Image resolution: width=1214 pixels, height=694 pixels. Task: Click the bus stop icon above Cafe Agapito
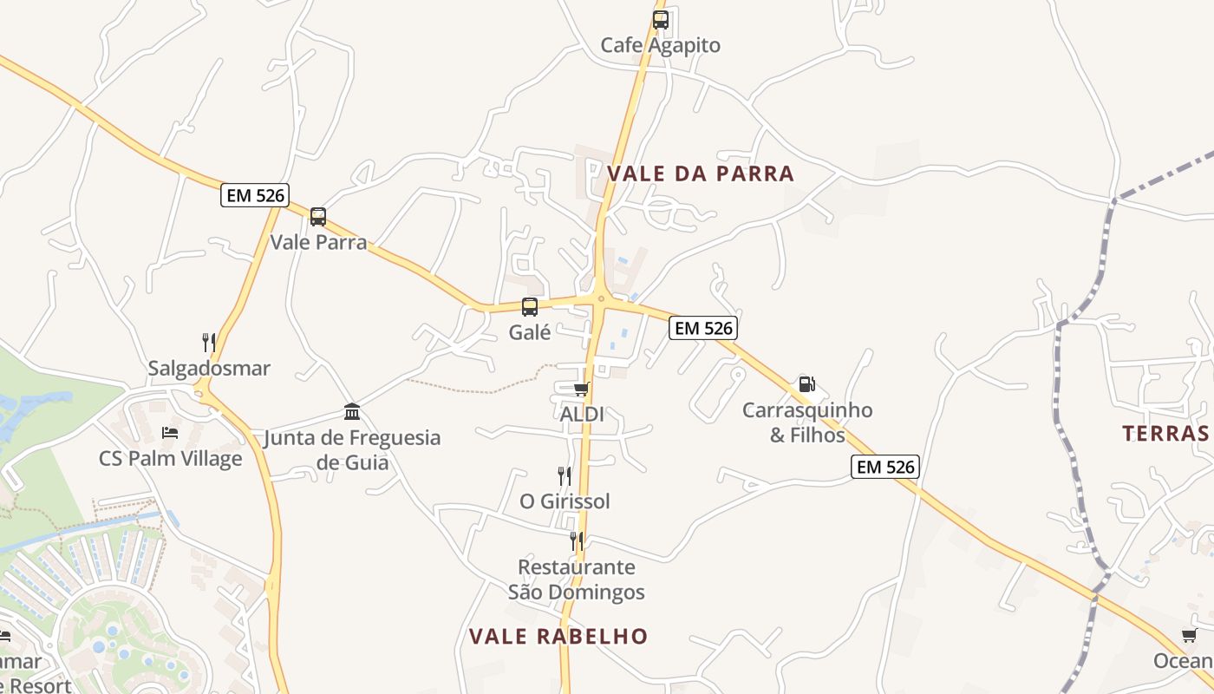tap(661, 20)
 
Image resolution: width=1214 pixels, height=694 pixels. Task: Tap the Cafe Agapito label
tap(661, 45)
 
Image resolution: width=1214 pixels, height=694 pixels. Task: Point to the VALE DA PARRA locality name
tap(701, 173)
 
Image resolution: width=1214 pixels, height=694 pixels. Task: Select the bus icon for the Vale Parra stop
tap(318, 217)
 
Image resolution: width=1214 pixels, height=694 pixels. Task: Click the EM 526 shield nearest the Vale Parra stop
tap(255, 195)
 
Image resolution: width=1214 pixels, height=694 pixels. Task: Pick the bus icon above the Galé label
tap(529, 306)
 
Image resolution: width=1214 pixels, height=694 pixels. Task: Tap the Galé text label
tap(530, 331)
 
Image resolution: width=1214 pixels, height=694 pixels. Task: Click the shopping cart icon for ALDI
tap(581, 389)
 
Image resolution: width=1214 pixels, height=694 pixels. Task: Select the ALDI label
tap(582, 415)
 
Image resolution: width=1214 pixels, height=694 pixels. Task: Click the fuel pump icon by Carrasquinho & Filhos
tap(806, 384)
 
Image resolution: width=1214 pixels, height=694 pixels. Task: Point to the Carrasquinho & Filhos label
tap(807, 422)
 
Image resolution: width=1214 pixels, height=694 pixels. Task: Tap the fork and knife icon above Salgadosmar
tap(209, 343)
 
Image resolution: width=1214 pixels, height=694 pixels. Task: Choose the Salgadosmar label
tap(209, 369)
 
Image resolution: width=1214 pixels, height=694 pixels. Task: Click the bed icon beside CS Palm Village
tap(170, 432)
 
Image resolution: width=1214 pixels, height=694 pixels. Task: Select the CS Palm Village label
tap(171, 458)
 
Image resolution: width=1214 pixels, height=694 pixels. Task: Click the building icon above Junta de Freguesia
tap(352, 411)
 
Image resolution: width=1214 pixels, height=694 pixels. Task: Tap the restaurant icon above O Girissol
tap(565, 475)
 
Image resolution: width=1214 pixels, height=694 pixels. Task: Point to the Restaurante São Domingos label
tap(577, 579)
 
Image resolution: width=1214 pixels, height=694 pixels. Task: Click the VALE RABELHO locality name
tap(558, 637)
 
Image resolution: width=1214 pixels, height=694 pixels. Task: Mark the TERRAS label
tap(1165, 434)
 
